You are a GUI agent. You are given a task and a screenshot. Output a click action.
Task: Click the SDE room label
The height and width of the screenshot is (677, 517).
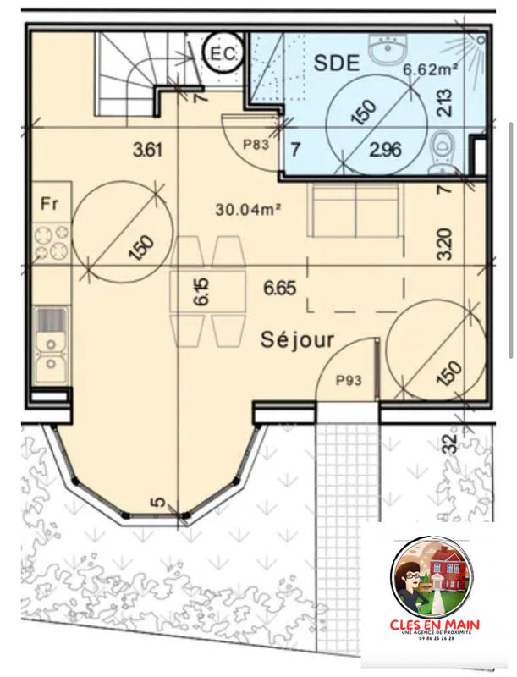(x=338, y=61)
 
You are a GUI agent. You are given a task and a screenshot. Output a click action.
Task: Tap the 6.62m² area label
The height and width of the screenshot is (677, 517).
(x=430, y=70)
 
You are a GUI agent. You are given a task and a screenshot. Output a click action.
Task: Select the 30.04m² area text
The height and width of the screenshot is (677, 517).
(x=247, y=207)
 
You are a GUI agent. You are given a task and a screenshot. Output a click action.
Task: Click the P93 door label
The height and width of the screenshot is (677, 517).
(x=348, y=380)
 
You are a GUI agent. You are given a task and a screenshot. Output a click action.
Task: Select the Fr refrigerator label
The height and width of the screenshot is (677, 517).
(x=49, y=203)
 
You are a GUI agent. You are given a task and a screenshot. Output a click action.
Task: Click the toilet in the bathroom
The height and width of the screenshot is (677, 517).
(x=442, y=151)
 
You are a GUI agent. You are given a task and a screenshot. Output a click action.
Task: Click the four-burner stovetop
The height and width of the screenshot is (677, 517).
(x=51, y=241)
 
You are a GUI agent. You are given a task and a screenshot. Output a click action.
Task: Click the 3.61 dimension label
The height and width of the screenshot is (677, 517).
(x=147, y=151)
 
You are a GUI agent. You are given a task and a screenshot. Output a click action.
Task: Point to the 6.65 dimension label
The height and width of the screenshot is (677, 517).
(x=279, y=288)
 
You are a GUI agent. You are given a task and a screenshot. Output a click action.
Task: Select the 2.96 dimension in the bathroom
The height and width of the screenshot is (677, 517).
(x=384, y=150)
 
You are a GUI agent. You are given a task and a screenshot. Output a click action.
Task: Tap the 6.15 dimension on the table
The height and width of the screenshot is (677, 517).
(x=201, y=289)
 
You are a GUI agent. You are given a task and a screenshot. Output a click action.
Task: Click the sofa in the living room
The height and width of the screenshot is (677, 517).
(x=354, y=212)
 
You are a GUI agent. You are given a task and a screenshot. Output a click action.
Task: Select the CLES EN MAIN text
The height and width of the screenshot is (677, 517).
(x=435, y=625)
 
